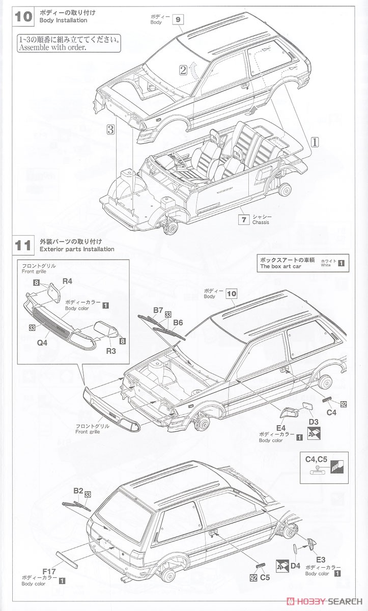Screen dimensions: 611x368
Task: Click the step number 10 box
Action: click(24, 16)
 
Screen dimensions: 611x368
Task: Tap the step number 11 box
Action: click(24, 245)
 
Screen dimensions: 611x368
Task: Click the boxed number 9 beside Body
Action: click(177, 19)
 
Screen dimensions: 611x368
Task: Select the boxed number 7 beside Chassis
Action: click(244, 219)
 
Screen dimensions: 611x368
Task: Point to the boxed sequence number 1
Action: click(315, 143)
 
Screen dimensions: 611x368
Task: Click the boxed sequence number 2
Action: click(183, 70)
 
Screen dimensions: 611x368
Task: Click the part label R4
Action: click(68, 281)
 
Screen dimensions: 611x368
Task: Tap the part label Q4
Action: click(42, 343)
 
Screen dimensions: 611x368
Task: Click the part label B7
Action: click(158, 310)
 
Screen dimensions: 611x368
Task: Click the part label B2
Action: click(78, 490)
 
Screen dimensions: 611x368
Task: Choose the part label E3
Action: click(320, 559)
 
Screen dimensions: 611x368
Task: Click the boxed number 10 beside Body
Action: click(232, 293)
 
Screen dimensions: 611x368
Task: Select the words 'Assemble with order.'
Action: click(52, 48)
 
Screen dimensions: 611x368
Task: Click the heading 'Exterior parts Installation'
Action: click(77, 249)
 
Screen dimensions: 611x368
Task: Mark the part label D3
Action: click(314, 422)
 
